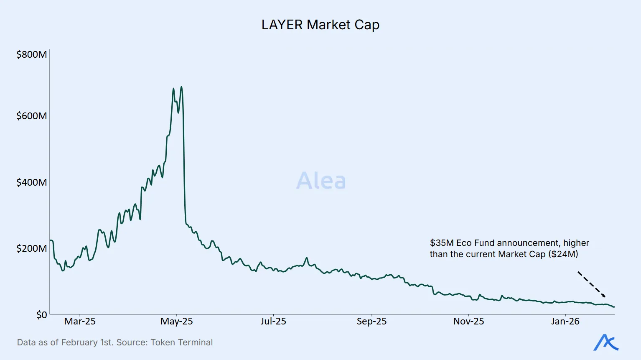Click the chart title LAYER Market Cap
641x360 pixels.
pyautogui.click(x=320, y=25)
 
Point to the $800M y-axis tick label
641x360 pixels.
pyautogui.click(x=31, y=54)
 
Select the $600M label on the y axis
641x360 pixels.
pyautogui.click(x=31, y=116)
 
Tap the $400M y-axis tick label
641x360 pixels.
pyautogui.click(x=31, y=182)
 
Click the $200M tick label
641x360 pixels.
pyautogui.click(x=31, y=248)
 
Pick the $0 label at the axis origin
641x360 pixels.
pyautogui.click(x=41, y=314)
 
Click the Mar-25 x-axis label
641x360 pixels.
pyautogui.click(x=80, y=321)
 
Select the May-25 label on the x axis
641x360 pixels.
pyautogui.click(x=177, y=321)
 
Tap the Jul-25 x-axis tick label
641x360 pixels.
pyautogui.click(x=273, y=321)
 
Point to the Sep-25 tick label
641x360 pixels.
pyautogui.click(x=371, y=321)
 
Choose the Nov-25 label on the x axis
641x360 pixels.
pyautogui.click(x=468, y=321)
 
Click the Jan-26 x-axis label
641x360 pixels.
pyautogui.click(x=565, y=321)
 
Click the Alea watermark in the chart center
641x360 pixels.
pyautogui.click(x=321, y=181)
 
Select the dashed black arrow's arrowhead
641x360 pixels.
pyautogui.click(x=603, y=296)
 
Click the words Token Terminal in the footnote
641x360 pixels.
pyautogui.click(x=182, y=342)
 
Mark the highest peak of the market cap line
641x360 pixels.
pyautogui.click(x=181, y=87)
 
